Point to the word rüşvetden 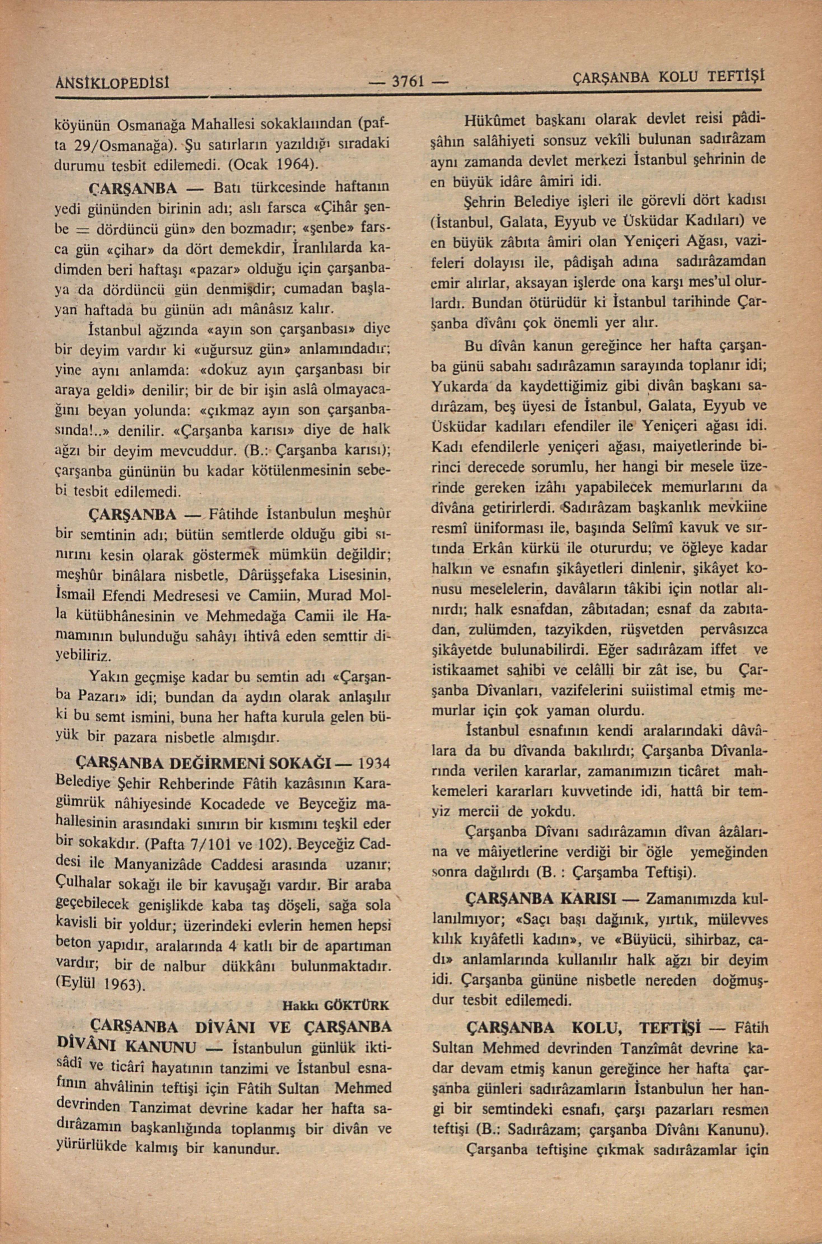[652, 629]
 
